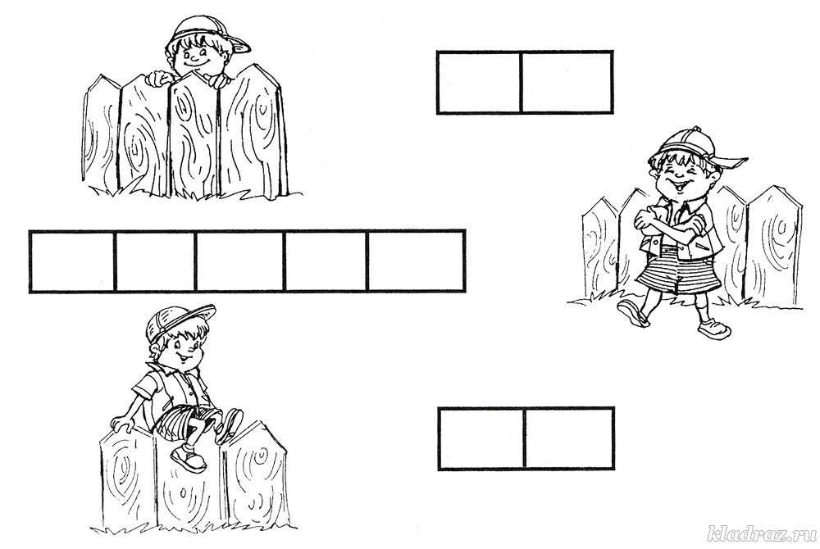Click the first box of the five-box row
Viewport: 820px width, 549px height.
72,261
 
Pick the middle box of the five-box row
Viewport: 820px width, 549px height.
240,261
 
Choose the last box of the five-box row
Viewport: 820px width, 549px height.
417,261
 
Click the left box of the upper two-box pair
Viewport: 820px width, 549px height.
479,82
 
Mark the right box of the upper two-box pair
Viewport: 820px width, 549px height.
567,82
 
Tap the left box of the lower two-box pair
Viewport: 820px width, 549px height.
481,438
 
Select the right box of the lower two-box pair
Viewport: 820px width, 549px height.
569,438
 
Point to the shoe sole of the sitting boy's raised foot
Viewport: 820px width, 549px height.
230,424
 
